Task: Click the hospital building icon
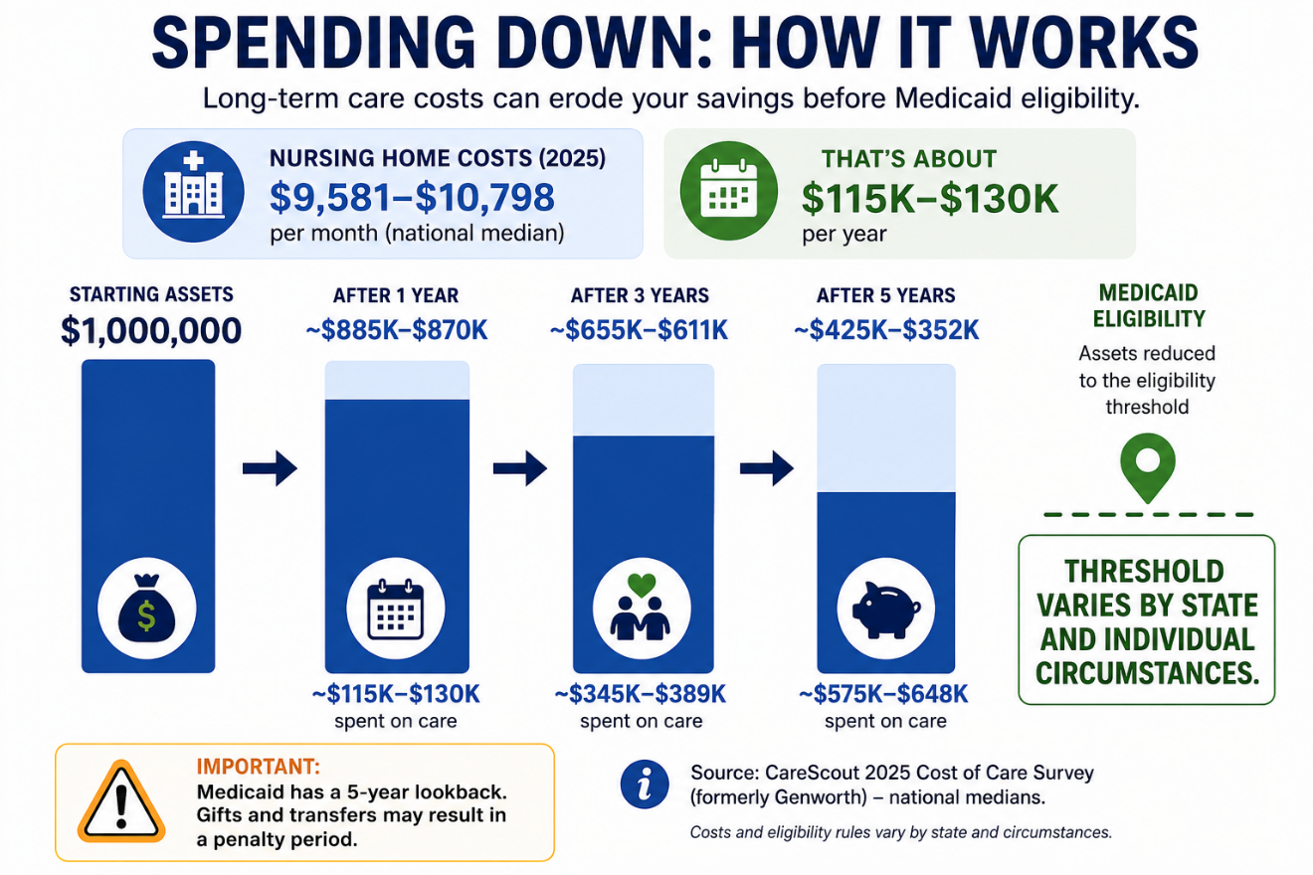coord(193,191)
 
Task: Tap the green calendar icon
coord(728,191)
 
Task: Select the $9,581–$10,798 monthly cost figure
coord(412,197)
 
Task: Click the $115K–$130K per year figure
coord(930,199)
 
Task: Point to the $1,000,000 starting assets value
coord(151,330)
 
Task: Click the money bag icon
coord(146,608)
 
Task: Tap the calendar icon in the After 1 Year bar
coord(395,609)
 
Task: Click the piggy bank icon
coord(886,610)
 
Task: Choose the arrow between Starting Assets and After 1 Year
coord(270,468)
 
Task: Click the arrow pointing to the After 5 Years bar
coord(767,468)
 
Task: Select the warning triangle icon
coord(121,801)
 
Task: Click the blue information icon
coord(645,785)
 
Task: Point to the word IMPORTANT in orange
coord(259,767)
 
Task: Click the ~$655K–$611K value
coord(639,330)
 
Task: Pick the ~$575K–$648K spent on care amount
coord(883,694)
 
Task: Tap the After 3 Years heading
coord(641,295)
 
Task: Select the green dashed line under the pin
coord(1148,515)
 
